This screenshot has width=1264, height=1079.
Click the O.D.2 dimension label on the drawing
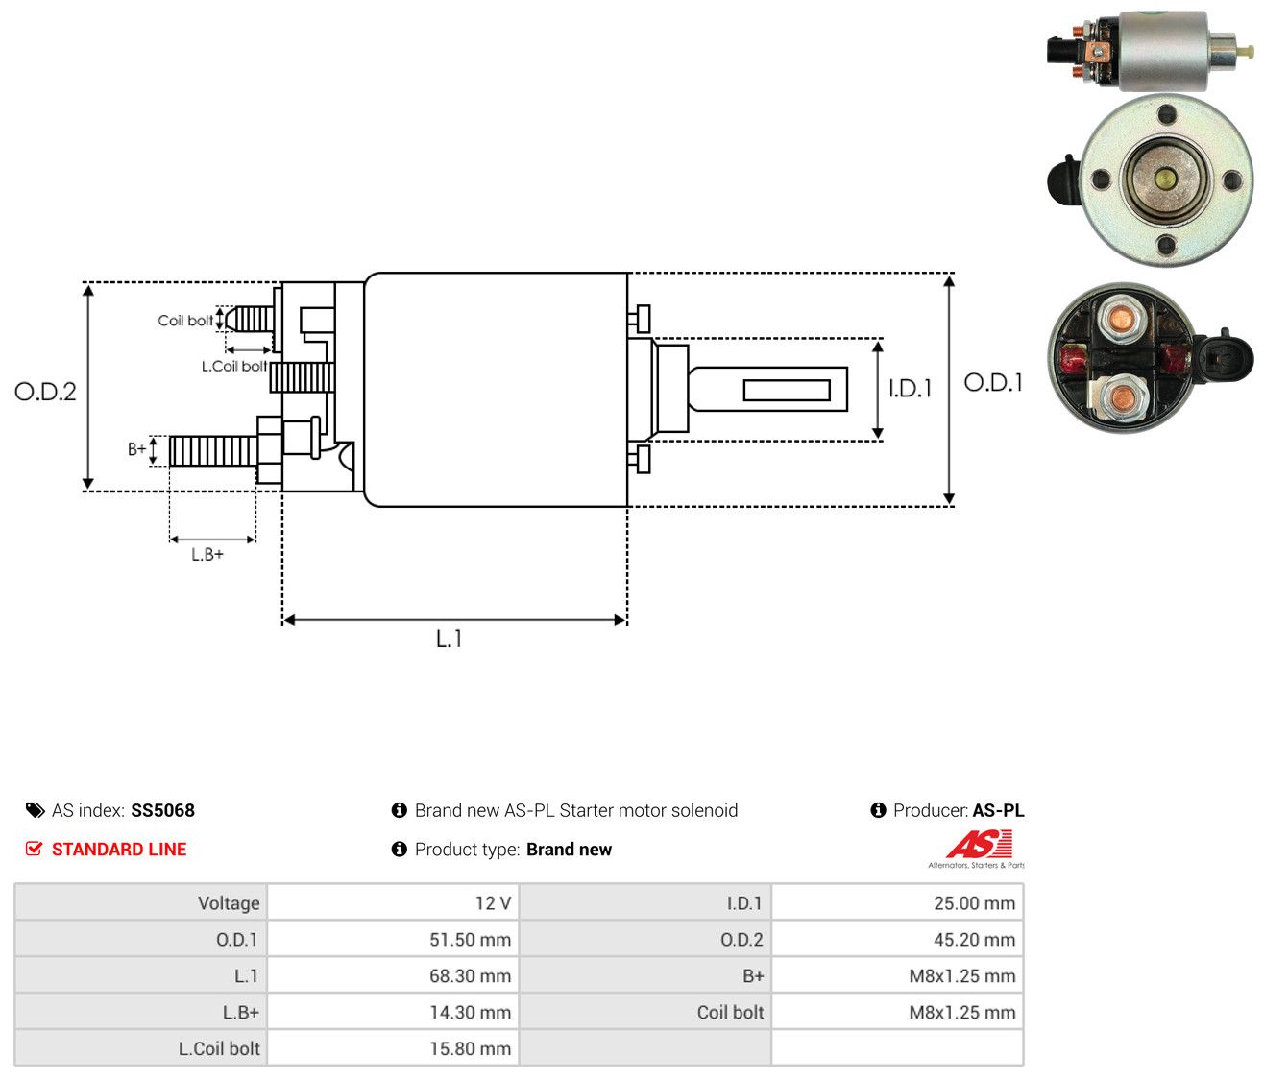(45, 392)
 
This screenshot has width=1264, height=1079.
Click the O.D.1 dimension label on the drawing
(993, 383)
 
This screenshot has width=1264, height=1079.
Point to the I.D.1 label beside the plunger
(910, 388)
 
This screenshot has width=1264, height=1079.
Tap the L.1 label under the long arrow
(449, 638)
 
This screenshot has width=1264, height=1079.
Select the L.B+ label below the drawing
(207, 555)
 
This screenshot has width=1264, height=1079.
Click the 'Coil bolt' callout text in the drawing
(185, 321)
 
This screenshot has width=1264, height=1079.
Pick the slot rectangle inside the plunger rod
(787, 390)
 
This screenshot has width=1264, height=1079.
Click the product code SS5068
(162, 810)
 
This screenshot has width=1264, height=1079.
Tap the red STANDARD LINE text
(119, 850)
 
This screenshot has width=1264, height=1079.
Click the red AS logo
(979, 844)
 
